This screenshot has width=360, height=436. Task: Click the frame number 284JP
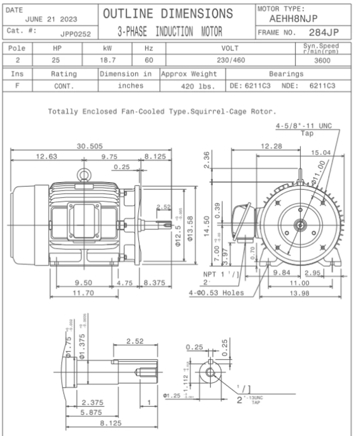point(324,32)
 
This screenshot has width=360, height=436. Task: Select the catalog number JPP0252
point(76,34)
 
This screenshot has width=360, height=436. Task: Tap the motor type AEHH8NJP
point(293,19)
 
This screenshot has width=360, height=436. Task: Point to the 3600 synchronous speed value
point(322,61)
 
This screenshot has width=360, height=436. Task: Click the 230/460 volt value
point(231,60)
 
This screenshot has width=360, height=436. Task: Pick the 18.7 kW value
point(108,60)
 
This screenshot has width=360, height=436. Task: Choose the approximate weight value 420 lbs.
point(198,86)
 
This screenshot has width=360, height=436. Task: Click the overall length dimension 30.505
point(89,146)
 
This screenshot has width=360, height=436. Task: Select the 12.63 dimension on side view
point(47,156)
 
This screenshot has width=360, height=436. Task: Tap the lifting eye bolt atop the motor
point(84,175)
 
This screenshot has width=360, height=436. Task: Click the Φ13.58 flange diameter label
point(190,228)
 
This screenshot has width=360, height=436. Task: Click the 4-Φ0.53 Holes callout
point(216,293)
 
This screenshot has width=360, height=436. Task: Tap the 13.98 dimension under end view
point(299,293)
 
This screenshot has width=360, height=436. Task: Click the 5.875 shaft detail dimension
point(91,412)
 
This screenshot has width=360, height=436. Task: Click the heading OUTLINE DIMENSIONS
point(168,14)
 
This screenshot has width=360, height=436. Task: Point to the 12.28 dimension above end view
point(271,146)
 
